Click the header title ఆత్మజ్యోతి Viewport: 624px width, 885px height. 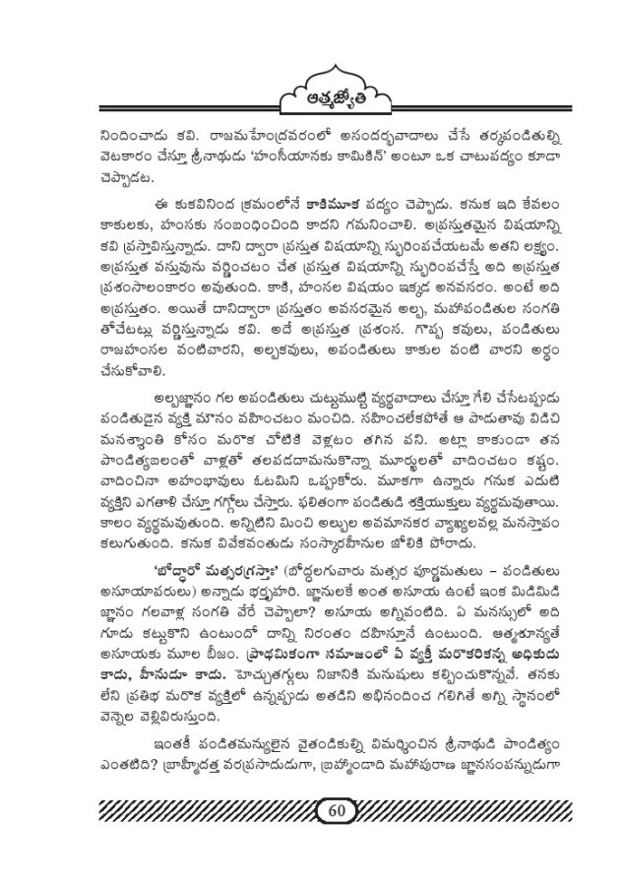[x=314, y=94]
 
